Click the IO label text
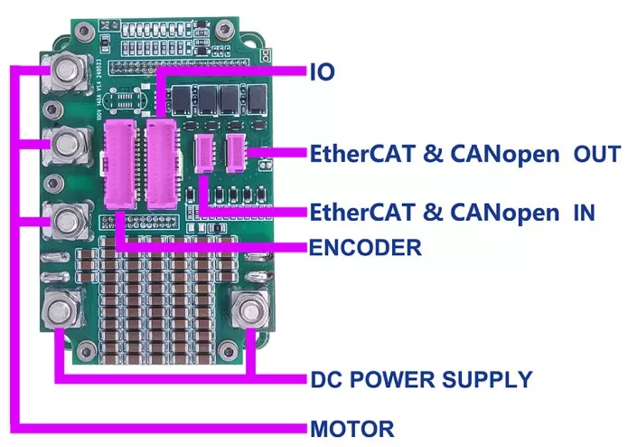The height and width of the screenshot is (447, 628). click(322, 72)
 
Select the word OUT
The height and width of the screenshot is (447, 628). click(597, 154)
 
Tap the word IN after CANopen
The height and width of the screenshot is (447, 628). click(584, 213)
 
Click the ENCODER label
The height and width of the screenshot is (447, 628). click(365, 247)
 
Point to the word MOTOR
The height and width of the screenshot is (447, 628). click(352, 429)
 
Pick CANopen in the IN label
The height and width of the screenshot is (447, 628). click(504, 213)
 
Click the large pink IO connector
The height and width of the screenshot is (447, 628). click(162, 164)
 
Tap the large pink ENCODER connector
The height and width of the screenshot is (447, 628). click(120, 165)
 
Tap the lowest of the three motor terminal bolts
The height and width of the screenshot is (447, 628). click(65, 220)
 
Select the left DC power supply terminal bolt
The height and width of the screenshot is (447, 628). click(61, 312)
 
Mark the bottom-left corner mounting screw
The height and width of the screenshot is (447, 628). click(86, 352)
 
